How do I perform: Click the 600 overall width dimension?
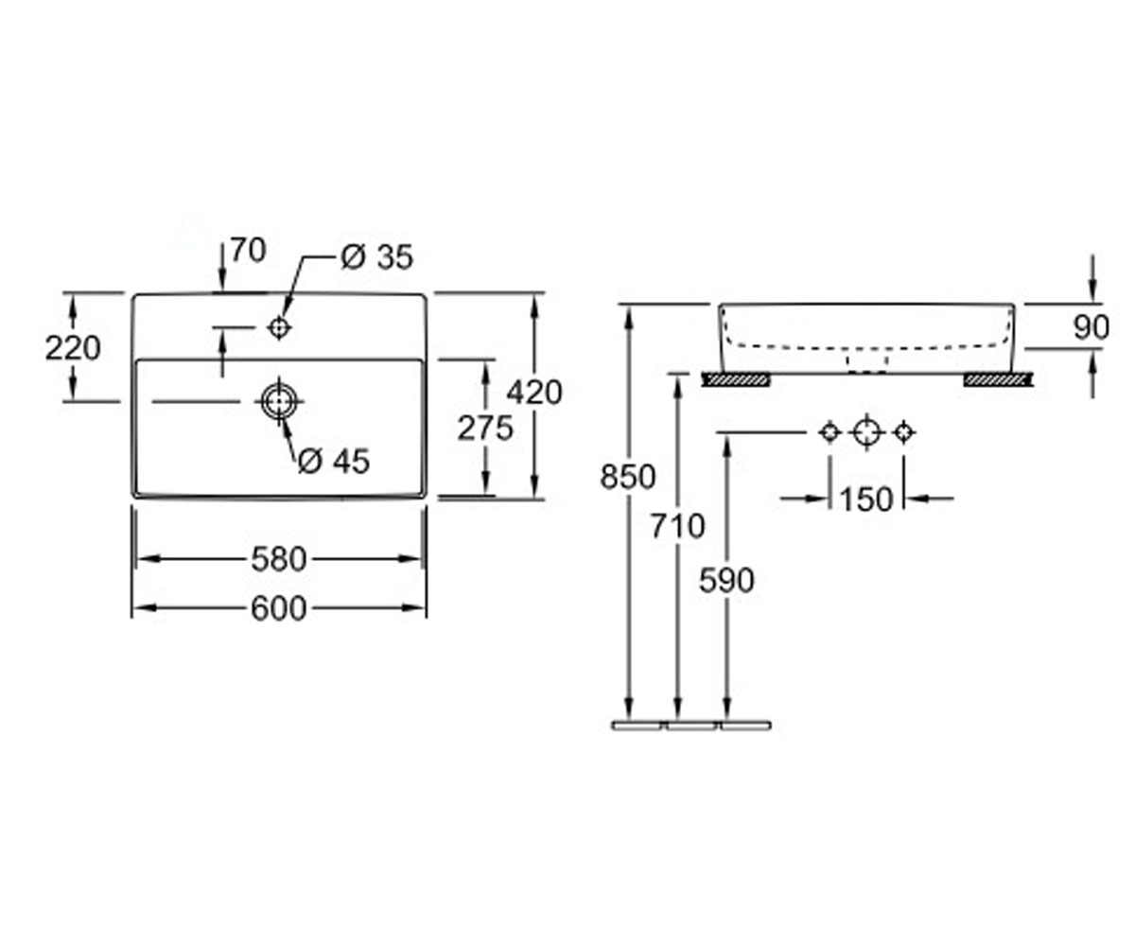coord(278,608)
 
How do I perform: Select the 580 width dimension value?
coord(279,559)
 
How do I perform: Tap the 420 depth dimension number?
coord(534,393)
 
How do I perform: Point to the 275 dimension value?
coord(485,428)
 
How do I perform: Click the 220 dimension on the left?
coord(73,348)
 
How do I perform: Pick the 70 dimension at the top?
coord(249,250)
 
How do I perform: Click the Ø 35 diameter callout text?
coord(377,256)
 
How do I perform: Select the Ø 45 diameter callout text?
coord(334,461)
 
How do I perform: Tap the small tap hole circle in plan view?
coord(279,326)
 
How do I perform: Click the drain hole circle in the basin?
coord(279,401)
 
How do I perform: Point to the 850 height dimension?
coord(628,478)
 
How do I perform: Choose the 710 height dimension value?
coord(678,526)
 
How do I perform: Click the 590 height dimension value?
coord(726,580)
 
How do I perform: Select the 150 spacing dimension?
coord(867,499)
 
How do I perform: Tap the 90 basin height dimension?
coord(1091,327)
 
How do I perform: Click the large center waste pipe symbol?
coord(867,432)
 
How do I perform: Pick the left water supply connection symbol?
coord(830,432)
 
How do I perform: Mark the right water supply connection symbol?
coord(904,432)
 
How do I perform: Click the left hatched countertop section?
coord(736,379)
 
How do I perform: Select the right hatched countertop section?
coord(998,379)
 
